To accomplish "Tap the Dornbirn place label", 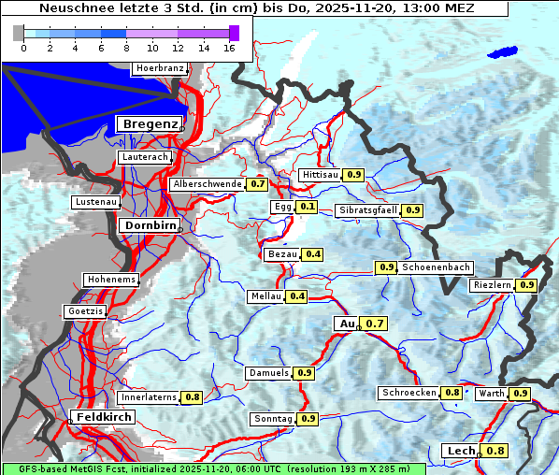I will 149,225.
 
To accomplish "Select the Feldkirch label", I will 103,416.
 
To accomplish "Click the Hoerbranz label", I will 159,68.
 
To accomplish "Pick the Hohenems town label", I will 110,280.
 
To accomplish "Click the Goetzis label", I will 86,310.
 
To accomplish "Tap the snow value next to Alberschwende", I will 258,184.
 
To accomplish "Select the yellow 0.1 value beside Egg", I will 308,207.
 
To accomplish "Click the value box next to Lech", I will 495,451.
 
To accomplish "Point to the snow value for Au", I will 374,324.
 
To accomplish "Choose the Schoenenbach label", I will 436,267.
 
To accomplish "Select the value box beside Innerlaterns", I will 193,397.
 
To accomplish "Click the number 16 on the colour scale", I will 230,48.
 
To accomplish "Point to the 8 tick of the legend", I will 126,48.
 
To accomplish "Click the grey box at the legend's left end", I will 19,33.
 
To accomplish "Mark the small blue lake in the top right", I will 505,53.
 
